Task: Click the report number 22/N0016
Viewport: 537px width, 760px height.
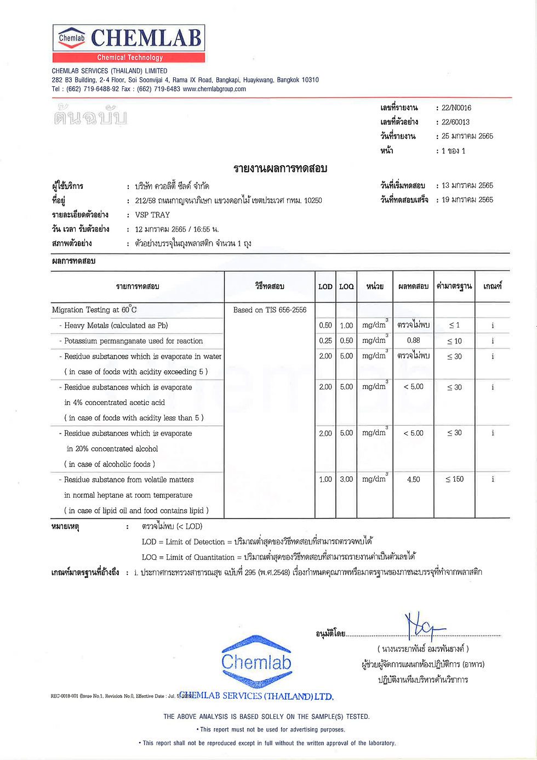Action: click(456, 108)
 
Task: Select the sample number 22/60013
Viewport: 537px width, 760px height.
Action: click(455, 122)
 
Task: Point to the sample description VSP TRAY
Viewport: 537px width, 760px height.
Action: click(152, 215)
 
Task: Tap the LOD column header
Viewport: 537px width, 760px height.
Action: click(325, 286)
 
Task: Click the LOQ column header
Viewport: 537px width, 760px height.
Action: click(346, 286)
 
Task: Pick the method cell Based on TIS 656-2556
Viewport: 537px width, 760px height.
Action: click(270, 310)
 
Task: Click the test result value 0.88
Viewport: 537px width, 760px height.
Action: click(413, 341)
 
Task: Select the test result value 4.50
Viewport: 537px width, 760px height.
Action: click(413, 480)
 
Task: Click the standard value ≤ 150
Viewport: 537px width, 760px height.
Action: click(454, 480)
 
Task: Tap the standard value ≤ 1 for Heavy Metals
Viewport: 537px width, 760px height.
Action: click(454, 325)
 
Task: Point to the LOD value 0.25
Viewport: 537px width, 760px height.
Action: click(325, 341)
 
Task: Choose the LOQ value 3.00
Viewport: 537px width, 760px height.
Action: click(346, 480)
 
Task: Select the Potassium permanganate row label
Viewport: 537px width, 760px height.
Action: click(133, 341)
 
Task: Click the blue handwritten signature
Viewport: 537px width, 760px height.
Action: click(424, 626)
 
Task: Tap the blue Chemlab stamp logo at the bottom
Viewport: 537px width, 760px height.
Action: click(256, 662)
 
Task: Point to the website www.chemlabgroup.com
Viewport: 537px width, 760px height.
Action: click(214, 89)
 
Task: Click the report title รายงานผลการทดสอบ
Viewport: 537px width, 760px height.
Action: click(280, 168)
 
